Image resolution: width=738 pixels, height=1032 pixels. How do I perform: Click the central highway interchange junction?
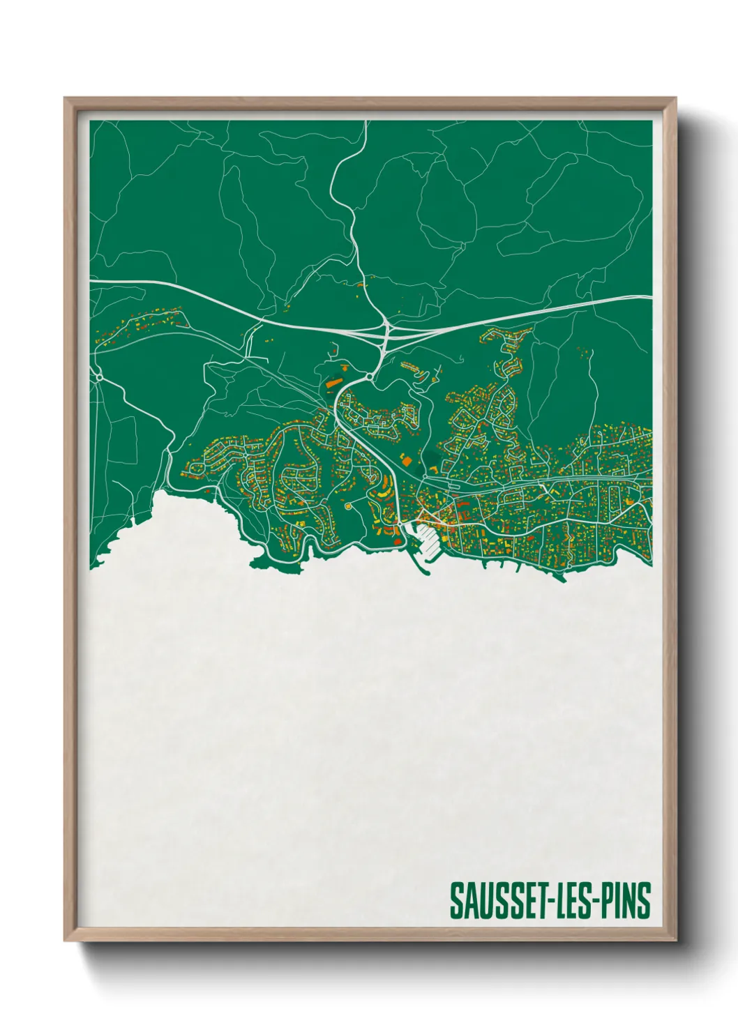coord(385,331)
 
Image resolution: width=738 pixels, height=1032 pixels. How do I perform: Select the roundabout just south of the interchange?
coord(368,377)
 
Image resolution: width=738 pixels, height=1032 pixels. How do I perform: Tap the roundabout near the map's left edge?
coord(100,377)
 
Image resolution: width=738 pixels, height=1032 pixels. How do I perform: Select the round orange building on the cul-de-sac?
coord(347,506)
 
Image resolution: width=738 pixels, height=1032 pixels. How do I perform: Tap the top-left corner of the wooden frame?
coord(66,99)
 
